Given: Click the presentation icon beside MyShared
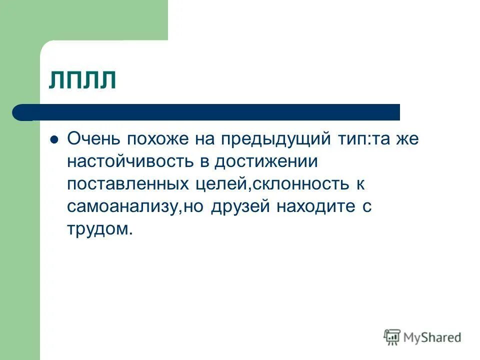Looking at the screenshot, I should (x=392, y=337).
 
